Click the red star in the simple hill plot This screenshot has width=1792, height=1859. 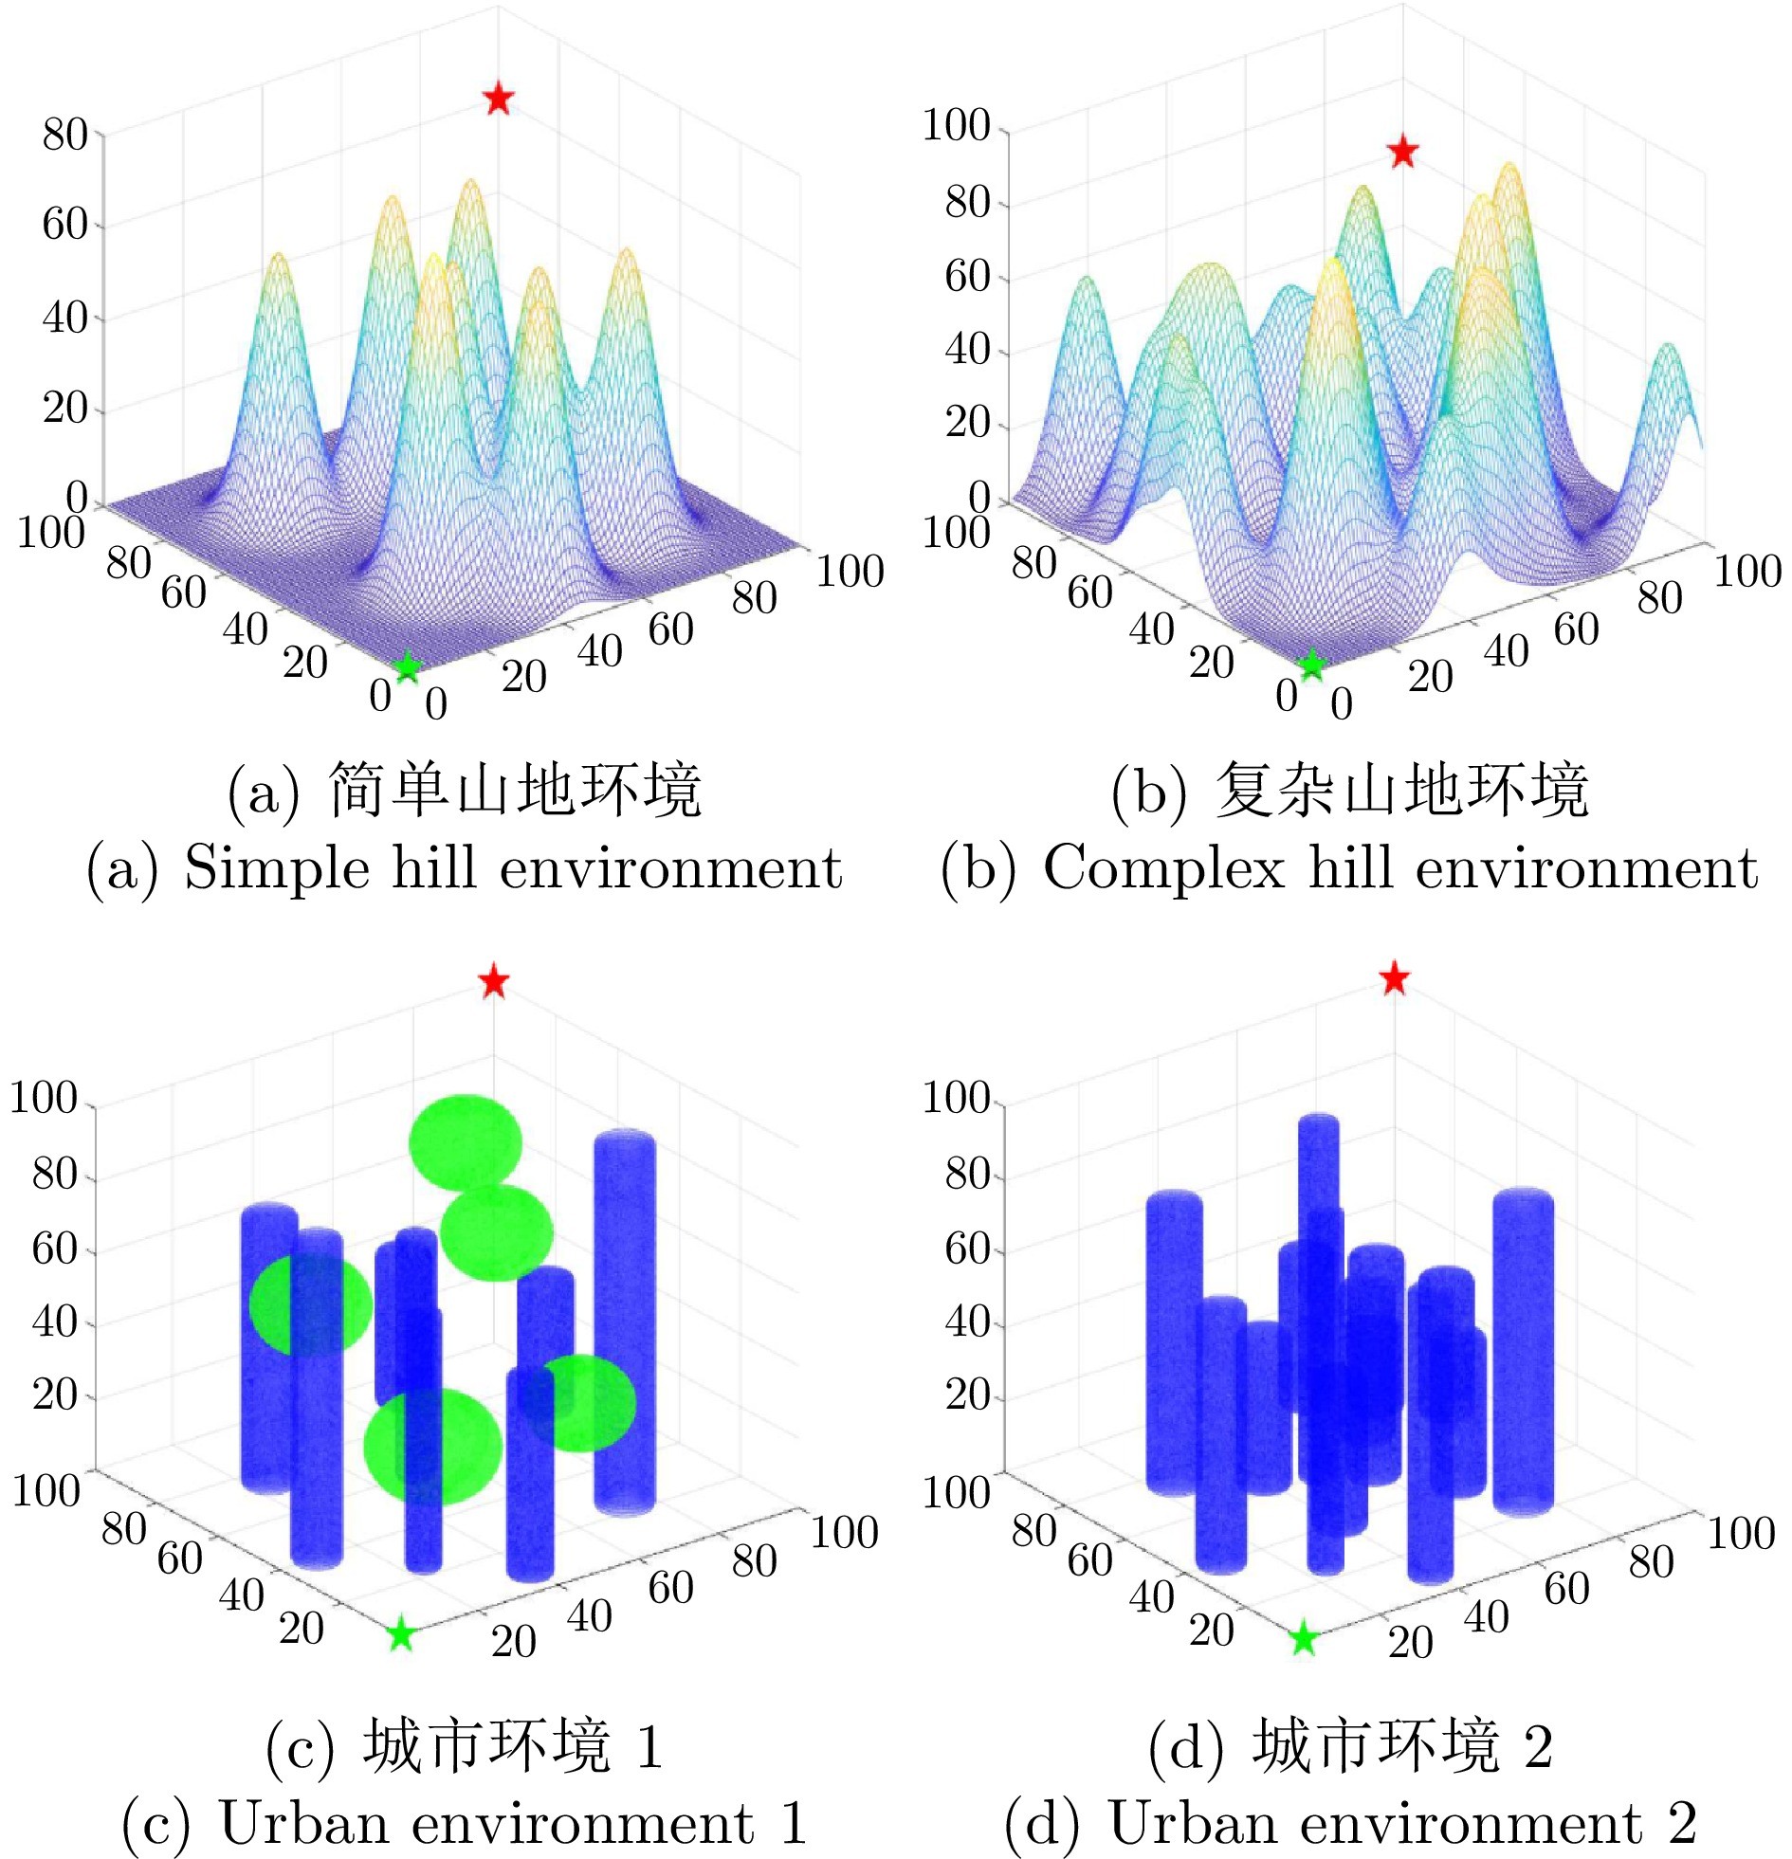click(x=498, y=98)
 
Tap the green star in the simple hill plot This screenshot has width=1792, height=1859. click(x=406, y=666)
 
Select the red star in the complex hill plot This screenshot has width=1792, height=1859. click(x=1402, y=152)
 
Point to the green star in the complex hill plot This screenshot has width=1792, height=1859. click(x=1311, y=665)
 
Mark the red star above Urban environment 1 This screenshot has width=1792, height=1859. click(x=493, y=981)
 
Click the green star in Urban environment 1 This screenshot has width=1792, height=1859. click(x=401, y=1633)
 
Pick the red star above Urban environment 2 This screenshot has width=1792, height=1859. click(x=1394, y=978)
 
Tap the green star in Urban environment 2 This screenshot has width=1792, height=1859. click(x=1305, y=1637)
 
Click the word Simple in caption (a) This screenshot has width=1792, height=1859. click(x=276, y=866)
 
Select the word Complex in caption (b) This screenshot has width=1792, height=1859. click(x=1164, y=866)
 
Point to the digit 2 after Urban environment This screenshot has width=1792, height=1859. click(x=1682, y=1822)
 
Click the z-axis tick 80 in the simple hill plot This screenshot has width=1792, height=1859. click(x=64, y=136)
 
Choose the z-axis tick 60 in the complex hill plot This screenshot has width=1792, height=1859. click(x=968, y=277)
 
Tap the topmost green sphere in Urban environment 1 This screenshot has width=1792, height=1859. click(x=465, y=1141)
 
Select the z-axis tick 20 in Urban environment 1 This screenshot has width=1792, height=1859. click(x=55, y=1395)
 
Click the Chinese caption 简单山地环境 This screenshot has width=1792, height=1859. click(x=514, y=790)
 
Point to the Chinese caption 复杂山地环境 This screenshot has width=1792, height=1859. click(x=1402, y=790)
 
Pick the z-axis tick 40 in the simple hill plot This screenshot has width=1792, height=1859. click(x=64, y=318)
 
